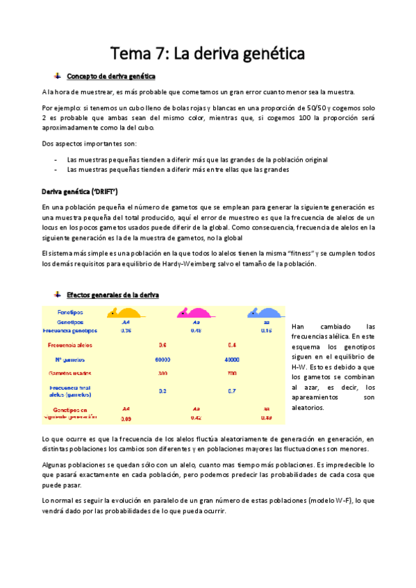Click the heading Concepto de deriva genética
tap(110, 76)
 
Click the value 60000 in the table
tap(163, 359)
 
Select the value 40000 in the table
tap(232, 359)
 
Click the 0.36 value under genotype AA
tap(126, 331)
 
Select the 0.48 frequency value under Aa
tap(196, 331)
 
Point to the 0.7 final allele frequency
tap(232, 391)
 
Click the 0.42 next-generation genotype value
tap(196, 418)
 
